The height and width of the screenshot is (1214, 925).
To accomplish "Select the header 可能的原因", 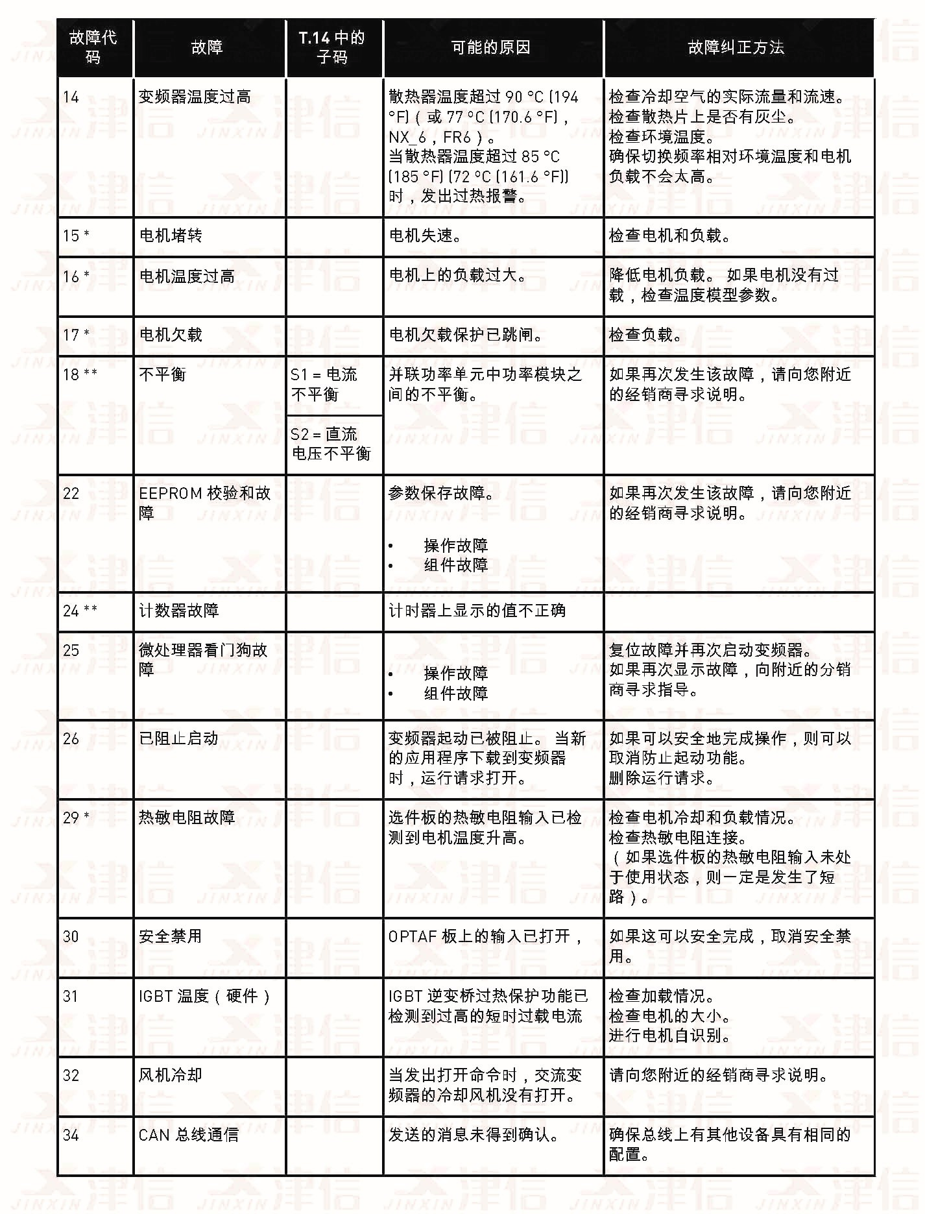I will tap(490, 47).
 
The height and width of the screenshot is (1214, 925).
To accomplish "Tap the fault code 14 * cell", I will tap(71, 97).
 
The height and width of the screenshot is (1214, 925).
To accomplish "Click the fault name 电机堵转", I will tap(171, 236).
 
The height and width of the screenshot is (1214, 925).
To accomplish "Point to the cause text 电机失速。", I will tap(426, 236).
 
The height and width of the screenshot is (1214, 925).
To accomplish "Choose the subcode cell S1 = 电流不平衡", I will tap(324, 384).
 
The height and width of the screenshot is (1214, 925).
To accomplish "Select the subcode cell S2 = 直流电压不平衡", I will tap(330, 444).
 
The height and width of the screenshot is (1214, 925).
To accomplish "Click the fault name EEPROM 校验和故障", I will tap(204, 503).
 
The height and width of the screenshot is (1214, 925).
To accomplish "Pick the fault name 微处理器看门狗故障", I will tap(203, 659).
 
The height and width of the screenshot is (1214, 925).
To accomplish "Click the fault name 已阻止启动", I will tap(178, 738).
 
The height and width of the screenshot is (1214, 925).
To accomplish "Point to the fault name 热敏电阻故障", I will tap(187, 818).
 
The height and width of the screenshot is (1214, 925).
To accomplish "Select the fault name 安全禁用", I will tap(170, 936).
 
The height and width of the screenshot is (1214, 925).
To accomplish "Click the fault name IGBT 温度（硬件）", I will tap(204, 996).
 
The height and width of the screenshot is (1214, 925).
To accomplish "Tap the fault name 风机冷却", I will tap(170, 1075).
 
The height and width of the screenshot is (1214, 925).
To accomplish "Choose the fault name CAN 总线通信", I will tap(188, 1135).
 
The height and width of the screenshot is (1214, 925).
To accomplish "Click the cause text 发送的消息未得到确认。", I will tap(474, 1135).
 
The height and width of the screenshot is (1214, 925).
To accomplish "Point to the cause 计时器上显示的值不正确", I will tap(477, 611).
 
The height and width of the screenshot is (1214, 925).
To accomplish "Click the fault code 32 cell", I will tap(71, 1075).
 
